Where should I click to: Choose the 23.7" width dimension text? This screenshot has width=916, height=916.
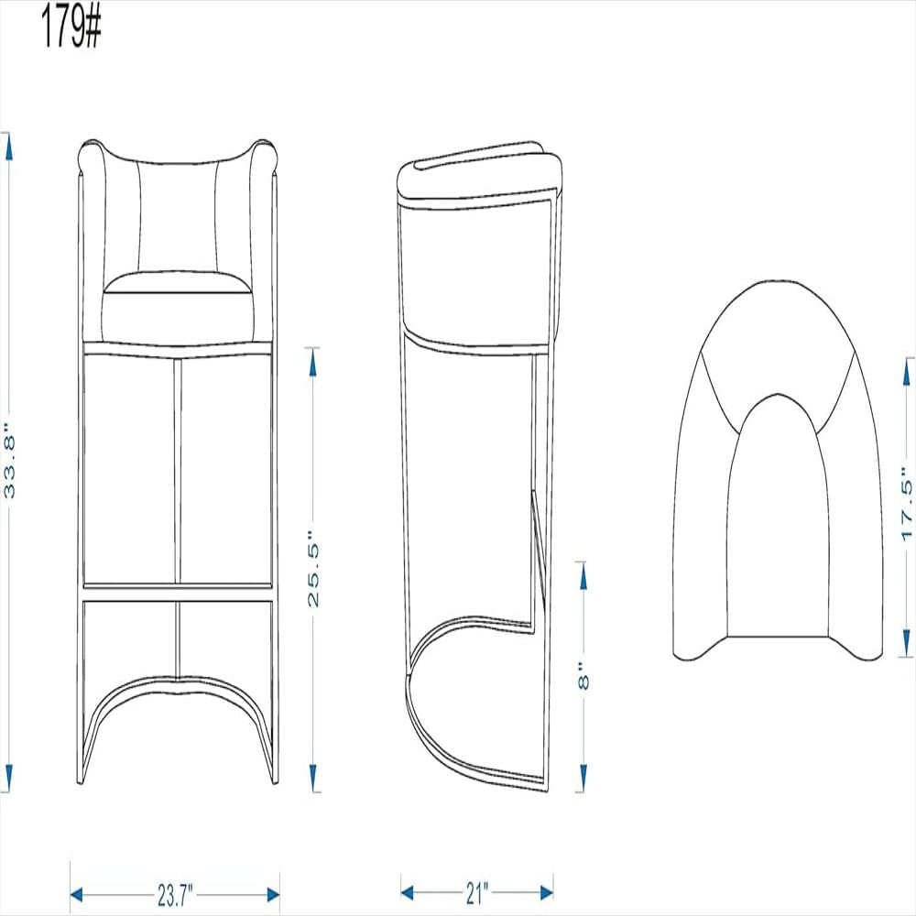coord(175,894)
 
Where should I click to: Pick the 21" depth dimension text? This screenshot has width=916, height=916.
coord(476,892)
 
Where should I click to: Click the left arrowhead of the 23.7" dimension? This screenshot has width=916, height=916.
coord(77,894)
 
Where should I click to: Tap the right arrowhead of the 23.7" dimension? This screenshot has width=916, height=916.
coord(273,894)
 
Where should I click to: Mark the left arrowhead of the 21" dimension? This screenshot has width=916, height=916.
coord(408,892)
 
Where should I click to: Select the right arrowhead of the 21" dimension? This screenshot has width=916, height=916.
coord(546,892)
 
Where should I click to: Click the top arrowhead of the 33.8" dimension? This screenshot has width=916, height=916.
coord(7,147)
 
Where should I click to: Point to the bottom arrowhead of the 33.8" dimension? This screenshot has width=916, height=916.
coord(7,778)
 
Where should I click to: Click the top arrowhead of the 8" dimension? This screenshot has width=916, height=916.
coord(581,576)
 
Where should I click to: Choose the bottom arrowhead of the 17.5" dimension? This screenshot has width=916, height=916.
coord(907,642)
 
